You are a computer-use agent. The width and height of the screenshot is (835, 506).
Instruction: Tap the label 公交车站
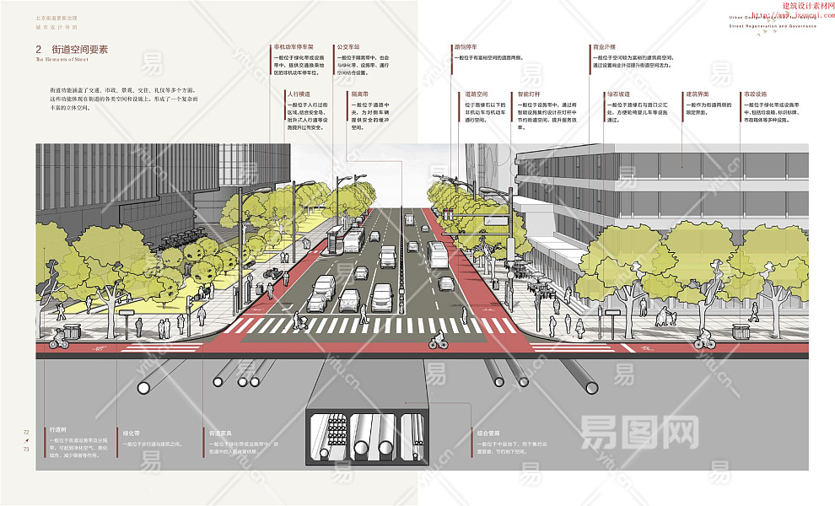(347, 47)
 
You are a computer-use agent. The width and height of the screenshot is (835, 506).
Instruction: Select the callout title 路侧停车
(466, 47)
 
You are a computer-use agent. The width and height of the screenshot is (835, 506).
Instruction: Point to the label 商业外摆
(604, 47)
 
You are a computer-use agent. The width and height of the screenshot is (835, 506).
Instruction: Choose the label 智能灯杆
(530, 94)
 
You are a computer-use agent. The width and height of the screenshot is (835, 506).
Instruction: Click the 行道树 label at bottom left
(58, 428)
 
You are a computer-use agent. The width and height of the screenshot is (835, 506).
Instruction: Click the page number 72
(26, 432)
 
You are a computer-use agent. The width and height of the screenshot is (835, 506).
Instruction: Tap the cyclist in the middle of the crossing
(437, 340)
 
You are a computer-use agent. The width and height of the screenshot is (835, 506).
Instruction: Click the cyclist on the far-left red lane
(57, 339)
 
